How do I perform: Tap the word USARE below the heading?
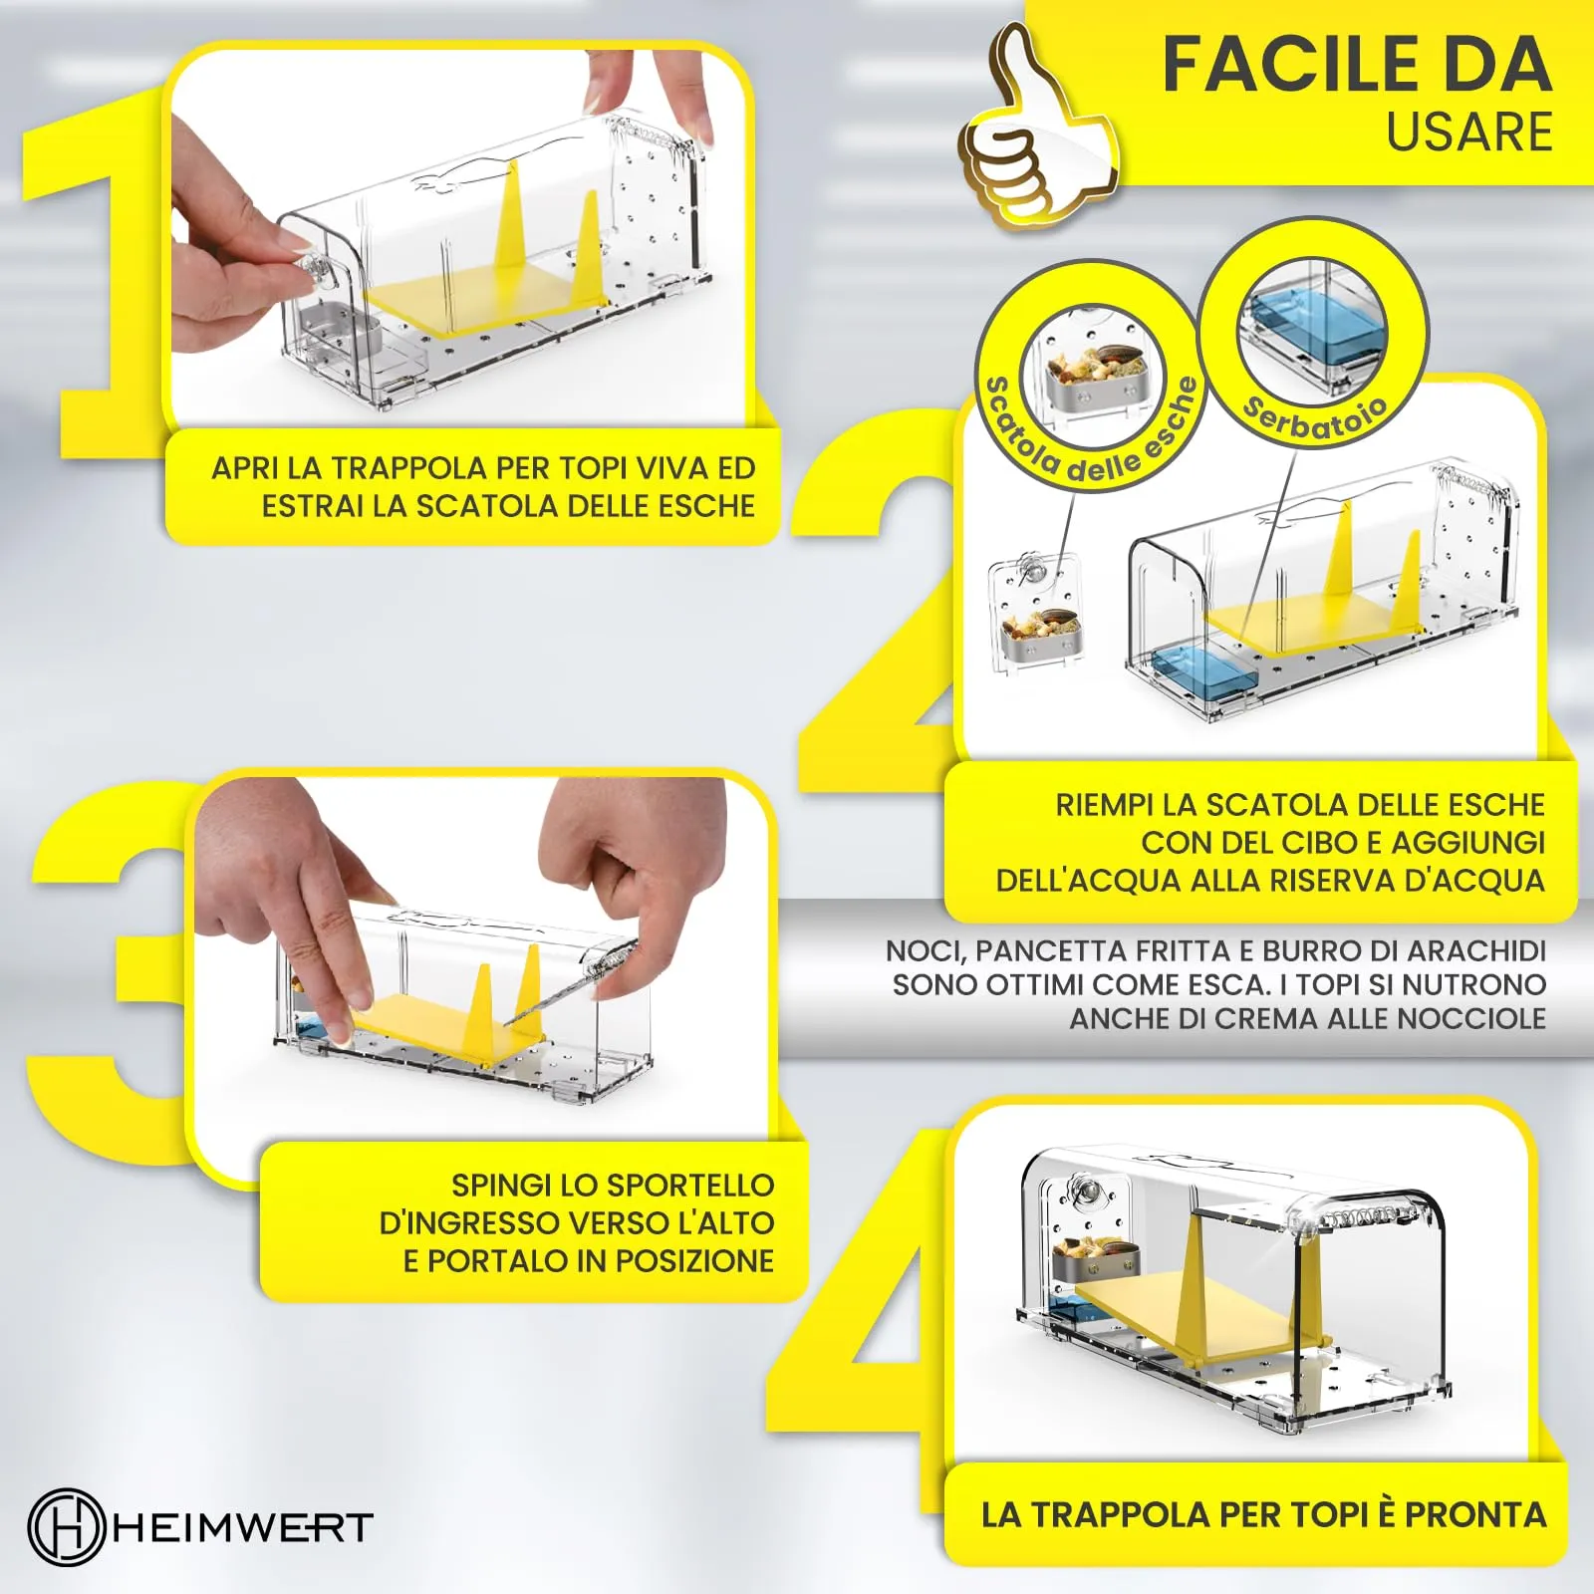pos(1469,133)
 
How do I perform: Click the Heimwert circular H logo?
pos(66,1526)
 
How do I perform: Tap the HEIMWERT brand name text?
pos(242,1527)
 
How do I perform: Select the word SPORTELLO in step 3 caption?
pos(689,1186)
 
